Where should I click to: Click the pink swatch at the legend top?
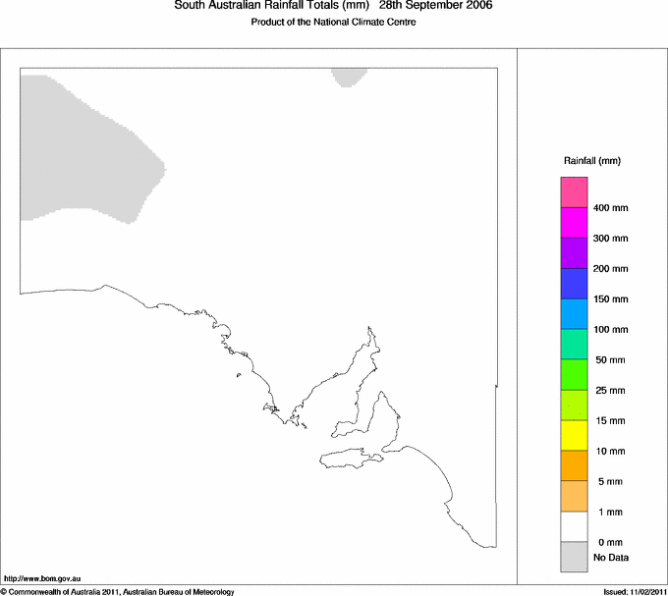click(x=574, y=191)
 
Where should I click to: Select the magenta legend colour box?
click(x=574, y=222)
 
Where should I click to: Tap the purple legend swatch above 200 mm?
click(x=574, y=252)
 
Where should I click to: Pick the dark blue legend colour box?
click(x=574, y=283)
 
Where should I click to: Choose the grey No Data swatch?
click(x=574, y=557)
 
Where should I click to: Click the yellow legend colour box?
click(x=574, y=435)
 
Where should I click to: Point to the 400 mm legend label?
click(x=610, y=208)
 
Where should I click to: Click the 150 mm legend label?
click(x=610, y=299)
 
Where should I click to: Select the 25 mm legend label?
click(x=609, y=391)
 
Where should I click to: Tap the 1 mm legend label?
click(x=606, y=513)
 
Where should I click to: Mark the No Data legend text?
click(x=610, y=558)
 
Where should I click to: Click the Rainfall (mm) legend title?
click(x=592, y=160)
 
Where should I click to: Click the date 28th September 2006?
click(x=435, y=6)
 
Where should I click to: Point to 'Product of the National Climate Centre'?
click(x=334, y=23)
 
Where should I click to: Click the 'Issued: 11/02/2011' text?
click(x=635, y=591)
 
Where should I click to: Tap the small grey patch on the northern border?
click(x=349, y=77)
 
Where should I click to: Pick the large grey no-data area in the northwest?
click(x=79, y=147)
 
